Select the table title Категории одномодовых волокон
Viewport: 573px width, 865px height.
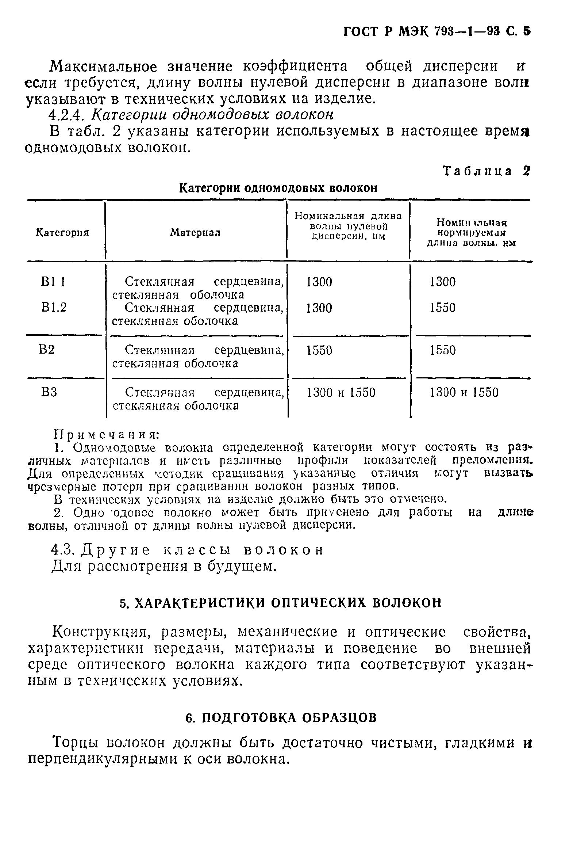coord(278,188)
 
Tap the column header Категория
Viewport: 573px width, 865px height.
coord(62,233)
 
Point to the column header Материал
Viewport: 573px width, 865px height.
coord(195,233)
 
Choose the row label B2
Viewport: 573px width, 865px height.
coord(47,350)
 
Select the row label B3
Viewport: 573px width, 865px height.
coord(49,392)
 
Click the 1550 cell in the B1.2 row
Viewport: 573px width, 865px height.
coord(443,308)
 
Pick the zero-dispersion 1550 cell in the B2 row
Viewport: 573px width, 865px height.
coord(319,350)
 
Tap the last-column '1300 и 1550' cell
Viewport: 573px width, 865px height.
coord(464,392)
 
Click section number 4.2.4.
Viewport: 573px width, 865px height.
coord(68,115)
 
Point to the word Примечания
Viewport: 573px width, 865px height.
coord(106,435)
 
